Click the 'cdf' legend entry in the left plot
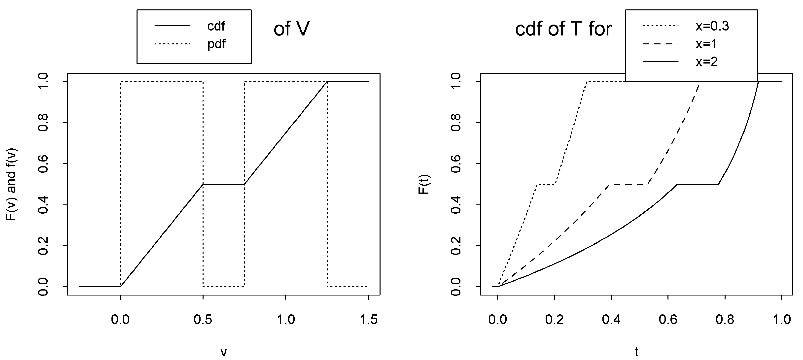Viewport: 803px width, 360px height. click(216, 27)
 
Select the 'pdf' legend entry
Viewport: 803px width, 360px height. click(216, 44)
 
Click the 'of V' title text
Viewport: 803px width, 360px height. click(291, 29)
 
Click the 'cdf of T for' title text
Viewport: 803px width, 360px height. click(563, 29)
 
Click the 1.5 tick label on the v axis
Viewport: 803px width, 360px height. click(368, 320)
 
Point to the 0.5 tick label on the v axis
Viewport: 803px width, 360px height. click(203, 320)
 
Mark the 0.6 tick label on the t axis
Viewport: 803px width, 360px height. click(668, 320)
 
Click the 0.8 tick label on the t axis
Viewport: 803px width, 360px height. click(725, 320)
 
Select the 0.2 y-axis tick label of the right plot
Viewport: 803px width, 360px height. click(456, 246)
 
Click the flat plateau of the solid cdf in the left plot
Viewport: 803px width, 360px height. click(223, 184)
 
